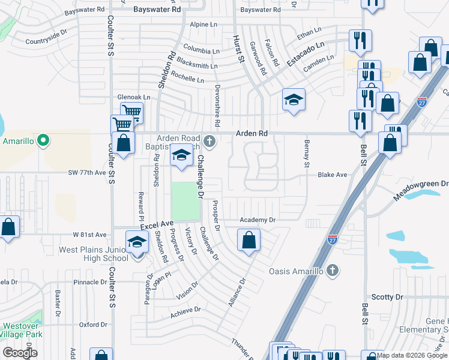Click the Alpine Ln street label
tap(202, 25)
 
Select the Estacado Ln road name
tap(305, 53)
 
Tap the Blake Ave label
tap(333, 175)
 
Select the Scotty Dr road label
tap(387, 297)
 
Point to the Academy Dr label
tap(257, 220)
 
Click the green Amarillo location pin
tap(43, 142)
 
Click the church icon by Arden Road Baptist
tap(209, 142)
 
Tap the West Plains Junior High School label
tap(94, 254)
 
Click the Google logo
tap(20, 353)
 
